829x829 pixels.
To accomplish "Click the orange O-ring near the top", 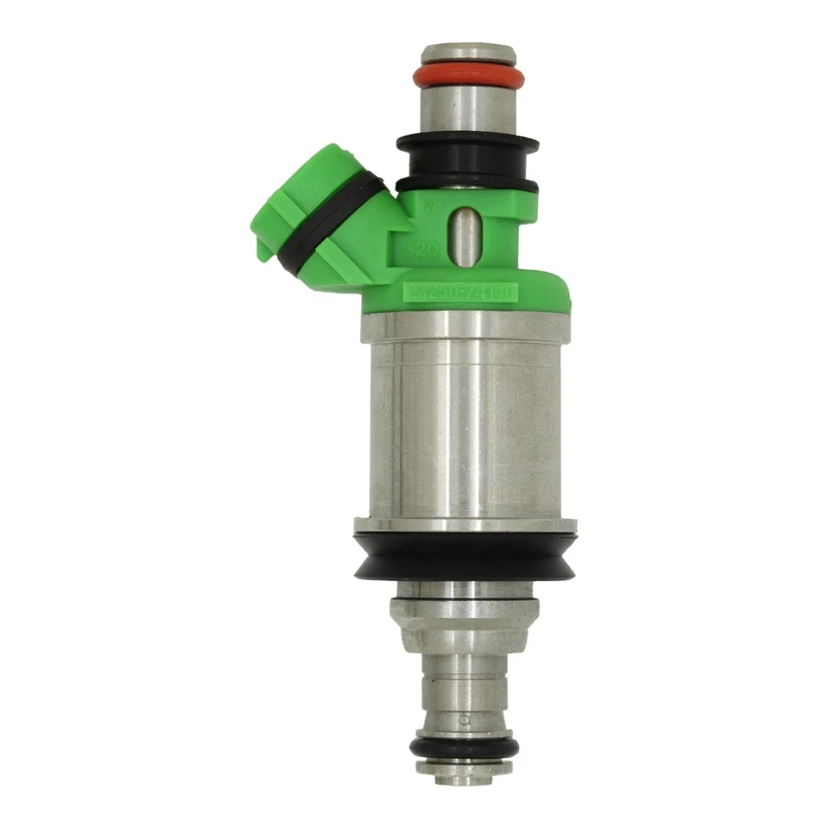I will tap(468, 77).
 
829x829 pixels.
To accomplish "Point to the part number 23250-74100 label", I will tap(459, 294).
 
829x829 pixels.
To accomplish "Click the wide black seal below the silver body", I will tap(465, 556).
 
